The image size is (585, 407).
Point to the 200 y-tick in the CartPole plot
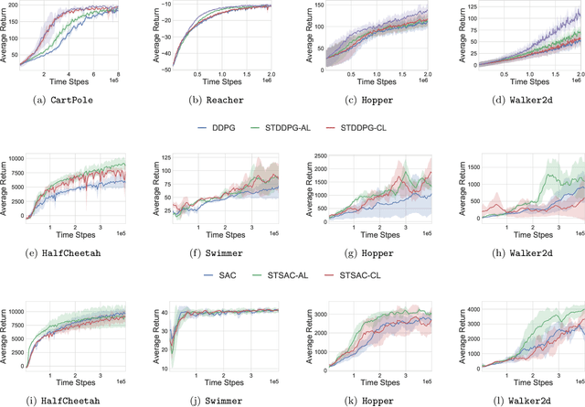pyautogui.click(x=24, y=6)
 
